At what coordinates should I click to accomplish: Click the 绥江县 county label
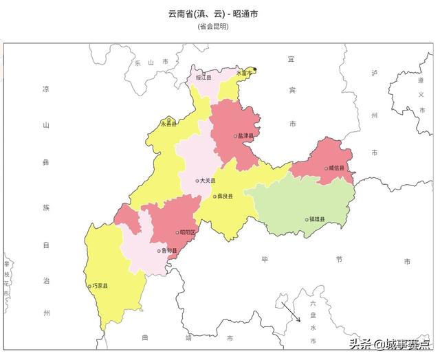[x=205, y=78]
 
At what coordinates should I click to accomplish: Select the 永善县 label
[x=168, y=124]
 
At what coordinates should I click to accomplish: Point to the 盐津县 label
[x=246, y=136]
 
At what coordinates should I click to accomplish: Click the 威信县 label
[x=337, y=168]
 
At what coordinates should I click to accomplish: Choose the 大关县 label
[x=208, y=181]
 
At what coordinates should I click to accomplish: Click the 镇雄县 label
[x=318, y=220]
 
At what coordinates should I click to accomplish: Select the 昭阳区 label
[x=188, y=232]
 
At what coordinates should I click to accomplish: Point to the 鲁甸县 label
[x=169, y=251]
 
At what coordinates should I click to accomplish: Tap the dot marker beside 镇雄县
[x=307, y=220]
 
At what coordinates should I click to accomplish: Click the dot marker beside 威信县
[x=326, y=168]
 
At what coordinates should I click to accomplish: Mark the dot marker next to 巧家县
[x=89, y=286]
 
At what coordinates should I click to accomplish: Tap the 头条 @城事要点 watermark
[x=389, y=343]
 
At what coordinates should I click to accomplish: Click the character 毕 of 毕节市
[x=264, y=260]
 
